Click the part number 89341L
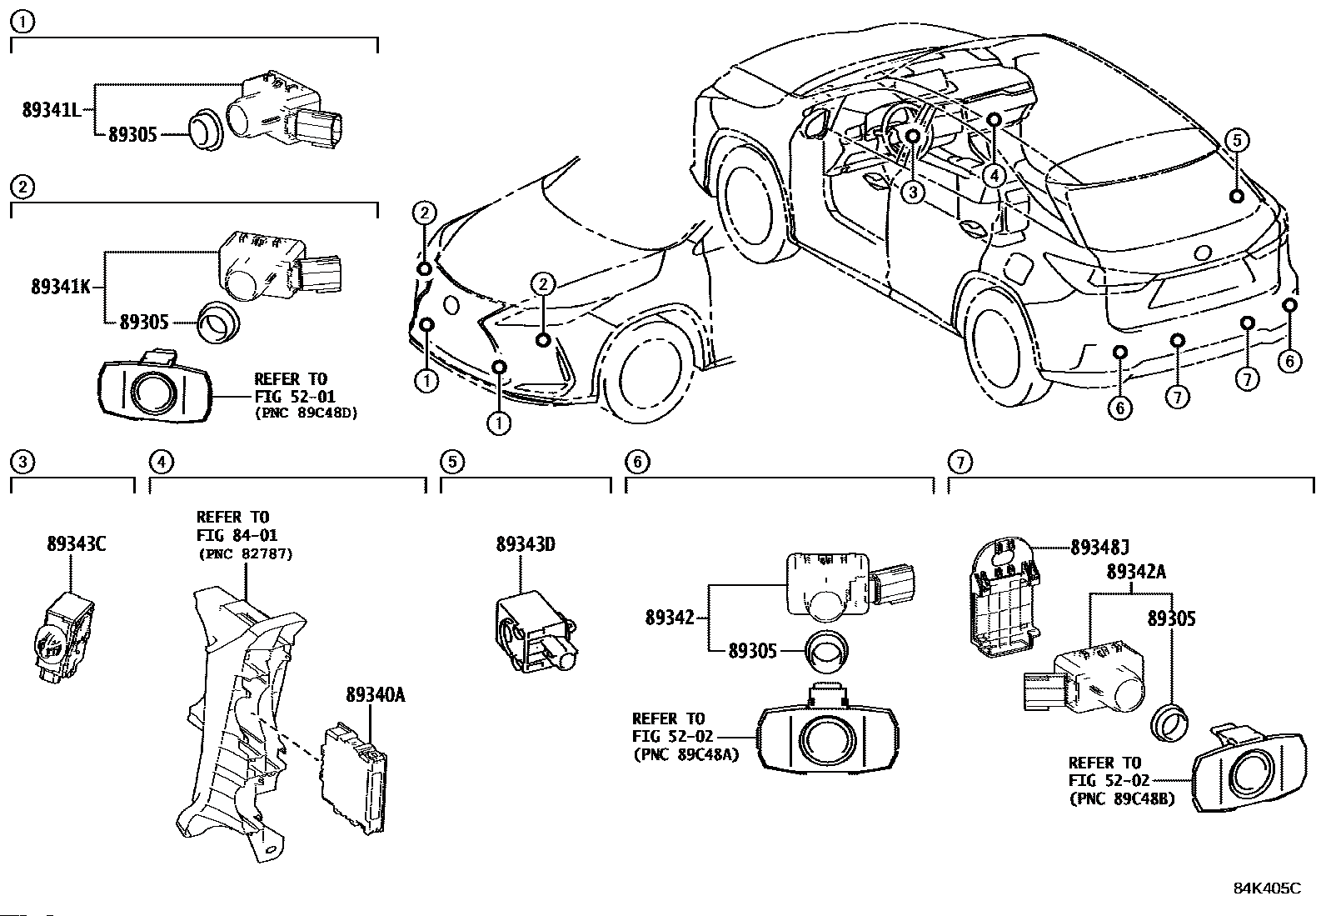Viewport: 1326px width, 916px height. [52, 110]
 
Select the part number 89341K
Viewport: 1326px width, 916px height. [61, 287]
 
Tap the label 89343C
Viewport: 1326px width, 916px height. [77, 544]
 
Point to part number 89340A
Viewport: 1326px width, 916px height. [376, 694]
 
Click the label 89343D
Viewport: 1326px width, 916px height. [526, 544]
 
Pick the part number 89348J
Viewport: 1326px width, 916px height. [1100, 548]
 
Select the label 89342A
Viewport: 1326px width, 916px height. [1137, 571]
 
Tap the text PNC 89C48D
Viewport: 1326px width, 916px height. [307, 413]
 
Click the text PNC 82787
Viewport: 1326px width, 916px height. [246, 554]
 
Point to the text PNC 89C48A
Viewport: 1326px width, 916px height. [686, 755]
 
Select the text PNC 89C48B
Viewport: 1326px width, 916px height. [1122, 799]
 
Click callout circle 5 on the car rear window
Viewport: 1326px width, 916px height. [1237, 140]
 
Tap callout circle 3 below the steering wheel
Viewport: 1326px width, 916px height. [913, 192]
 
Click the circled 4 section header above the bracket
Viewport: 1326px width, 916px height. [161, 462]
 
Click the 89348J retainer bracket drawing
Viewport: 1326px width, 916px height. [1004, 598]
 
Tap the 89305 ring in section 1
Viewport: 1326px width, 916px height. [206, 128]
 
